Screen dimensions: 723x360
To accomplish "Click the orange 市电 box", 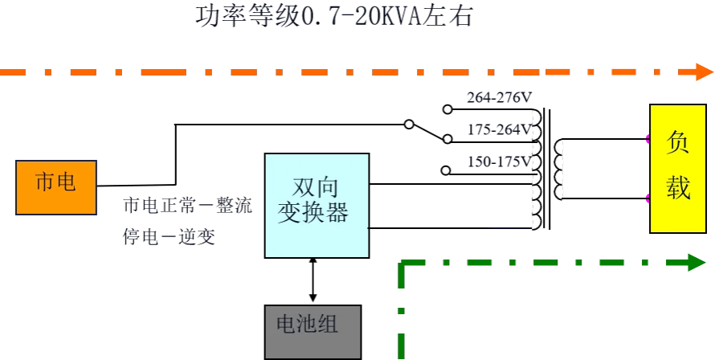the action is point(56,187).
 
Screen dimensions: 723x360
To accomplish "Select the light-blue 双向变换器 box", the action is point(317,206).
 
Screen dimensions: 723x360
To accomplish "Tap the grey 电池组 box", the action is point(314,329).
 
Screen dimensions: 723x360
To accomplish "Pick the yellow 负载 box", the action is point(678,168).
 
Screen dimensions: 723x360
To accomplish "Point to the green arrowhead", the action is point(693,263).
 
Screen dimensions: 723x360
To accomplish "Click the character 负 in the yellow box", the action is point(678,144).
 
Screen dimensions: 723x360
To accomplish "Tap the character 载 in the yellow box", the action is point(678,188).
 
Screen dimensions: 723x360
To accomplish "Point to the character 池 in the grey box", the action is point(307,325).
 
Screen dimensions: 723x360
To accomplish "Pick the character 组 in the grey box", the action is point(328,325).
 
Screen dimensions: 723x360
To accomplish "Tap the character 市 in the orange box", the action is point(46,182).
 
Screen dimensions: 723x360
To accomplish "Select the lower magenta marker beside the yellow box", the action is point(647,198).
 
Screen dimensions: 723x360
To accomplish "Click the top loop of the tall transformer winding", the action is point(533,118).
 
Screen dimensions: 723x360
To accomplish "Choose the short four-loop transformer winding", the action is point(559,169).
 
